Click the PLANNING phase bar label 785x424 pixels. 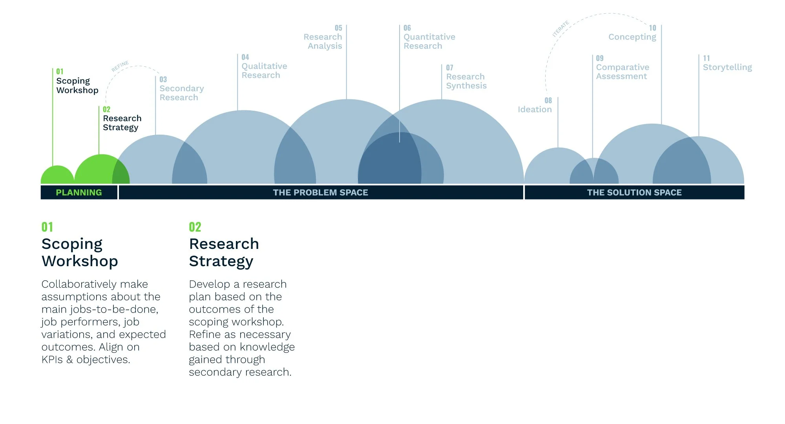[x=79, y=192]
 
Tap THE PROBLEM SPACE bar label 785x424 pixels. [x=321, y=192]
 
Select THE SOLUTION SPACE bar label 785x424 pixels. [x=634, y=192]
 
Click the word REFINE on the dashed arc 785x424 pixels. [x=120, y=66]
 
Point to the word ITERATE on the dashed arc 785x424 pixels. [x=560, y=29]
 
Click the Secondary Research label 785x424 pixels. [x=181, y=93]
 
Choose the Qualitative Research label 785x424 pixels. [x=264, y=71]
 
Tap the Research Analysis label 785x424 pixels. [x=323, y=41]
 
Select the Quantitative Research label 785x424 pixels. [x=429, y=41]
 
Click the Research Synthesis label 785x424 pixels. [x=466, y=81]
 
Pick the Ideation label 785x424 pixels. [x=535, y=110]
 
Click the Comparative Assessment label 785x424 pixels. [x=623, y=72]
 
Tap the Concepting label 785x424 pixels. [x=632, y=37]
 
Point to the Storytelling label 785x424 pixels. [x=727, y=67]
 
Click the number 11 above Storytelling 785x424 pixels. [x=706, y=58]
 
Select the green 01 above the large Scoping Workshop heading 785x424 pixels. [x=47, y=227]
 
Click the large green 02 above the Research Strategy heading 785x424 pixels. [x=195, y=227]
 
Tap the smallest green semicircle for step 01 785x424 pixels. [x=57, y=176]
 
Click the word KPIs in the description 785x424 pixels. [x=52, y=360]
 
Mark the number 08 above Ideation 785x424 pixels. [x=548, y=101]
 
